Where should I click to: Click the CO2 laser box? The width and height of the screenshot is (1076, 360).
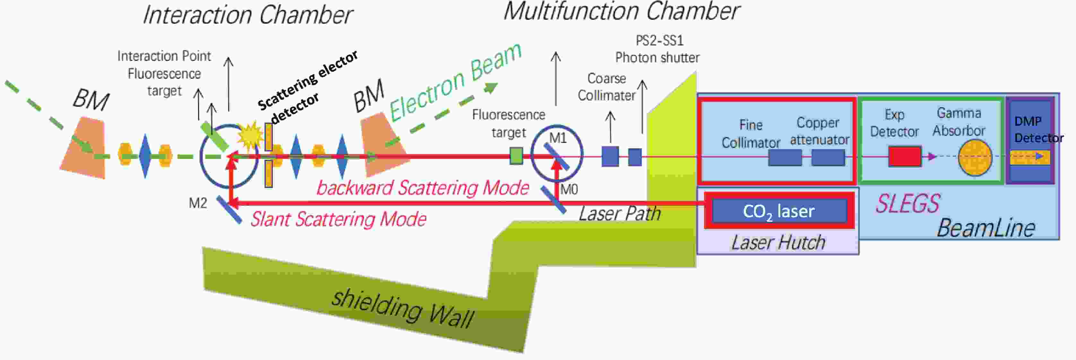[x=779, y=210]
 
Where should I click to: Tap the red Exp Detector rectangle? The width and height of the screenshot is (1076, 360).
[x=904, y=157]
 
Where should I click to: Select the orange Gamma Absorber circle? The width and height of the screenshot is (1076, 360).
[x=975, y=158]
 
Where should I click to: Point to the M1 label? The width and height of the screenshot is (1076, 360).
[x=558, y=138]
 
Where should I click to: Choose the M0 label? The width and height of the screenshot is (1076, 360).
[x=569, y=190]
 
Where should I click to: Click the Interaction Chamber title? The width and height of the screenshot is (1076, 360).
[x=248, y=15]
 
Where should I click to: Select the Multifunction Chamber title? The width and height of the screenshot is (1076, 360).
[x=621, y=11]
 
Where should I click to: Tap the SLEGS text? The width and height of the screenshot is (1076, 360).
[x=908, y=204]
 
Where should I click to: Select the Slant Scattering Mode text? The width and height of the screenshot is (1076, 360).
[x=338, y=219]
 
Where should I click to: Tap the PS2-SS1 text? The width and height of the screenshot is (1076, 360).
[x=660, y=40]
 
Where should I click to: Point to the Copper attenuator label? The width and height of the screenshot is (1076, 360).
[x=819, y=131]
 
